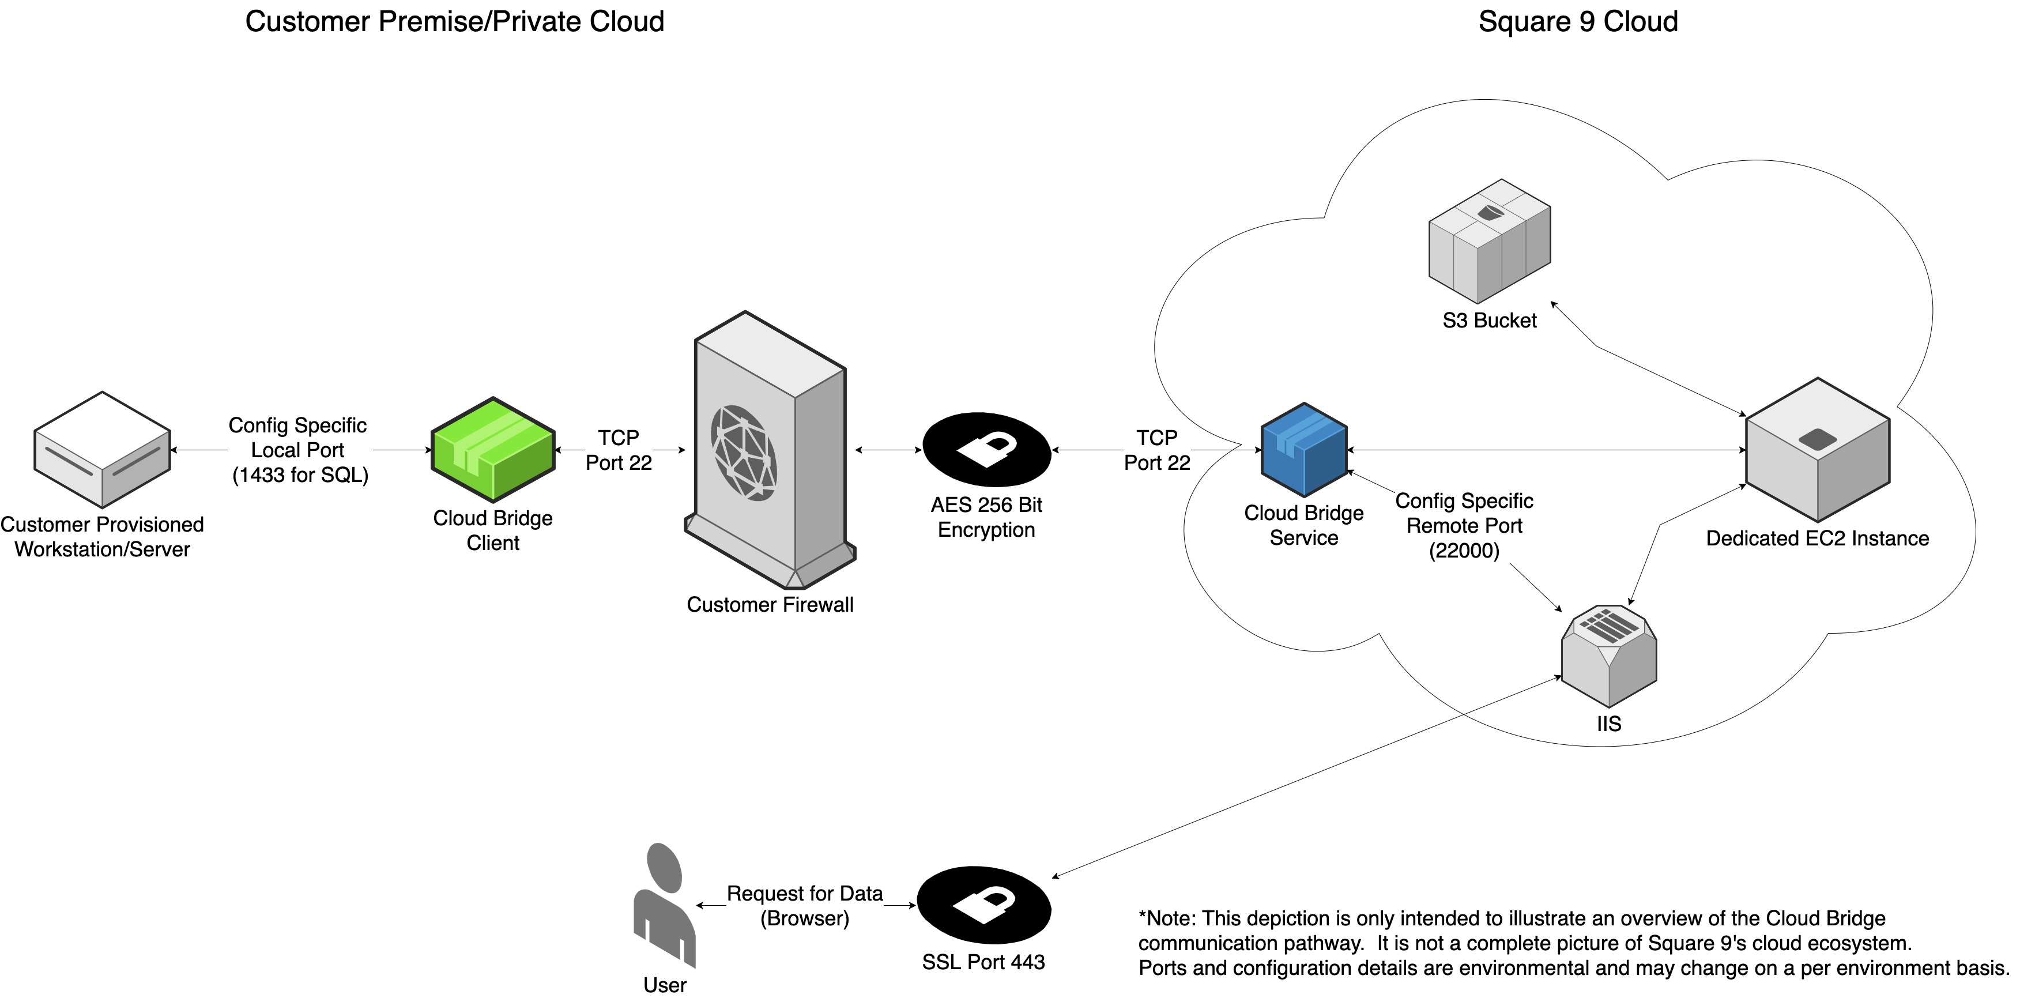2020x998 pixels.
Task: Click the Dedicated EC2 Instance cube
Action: pos(1817,450)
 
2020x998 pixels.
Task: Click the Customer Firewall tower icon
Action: pos(769,450)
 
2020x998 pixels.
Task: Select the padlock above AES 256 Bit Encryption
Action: pos(986,449)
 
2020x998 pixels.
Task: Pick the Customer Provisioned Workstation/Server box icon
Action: pos(102,450)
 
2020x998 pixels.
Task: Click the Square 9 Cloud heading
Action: pos(1578,22)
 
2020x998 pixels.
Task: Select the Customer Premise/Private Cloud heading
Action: pos(454,22)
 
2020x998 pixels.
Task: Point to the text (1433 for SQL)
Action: pos(300,475)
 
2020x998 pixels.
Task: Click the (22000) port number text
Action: pos(1463,551)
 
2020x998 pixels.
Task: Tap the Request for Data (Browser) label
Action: pos(805,906)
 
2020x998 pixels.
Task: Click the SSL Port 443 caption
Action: pos(983,962)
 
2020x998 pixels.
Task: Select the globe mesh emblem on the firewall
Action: pos(744,453)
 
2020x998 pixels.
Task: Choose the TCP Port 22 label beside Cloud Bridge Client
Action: pos(619,450)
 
